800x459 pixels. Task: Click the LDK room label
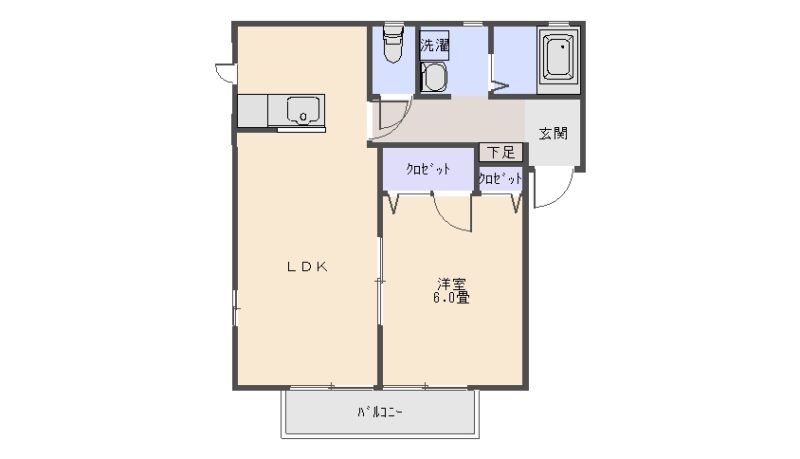point(306,266)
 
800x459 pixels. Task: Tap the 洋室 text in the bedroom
point(452,285)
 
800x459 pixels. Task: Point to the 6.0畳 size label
point(452,297)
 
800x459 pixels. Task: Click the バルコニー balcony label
point(380,412)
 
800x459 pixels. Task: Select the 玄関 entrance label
point(554,134)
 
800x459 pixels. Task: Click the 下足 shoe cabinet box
point(501,152)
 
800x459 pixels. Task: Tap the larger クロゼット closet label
point(428,169)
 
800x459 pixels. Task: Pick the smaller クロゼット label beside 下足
point(500,178)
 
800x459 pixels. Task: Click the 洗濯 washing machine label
point(434,45)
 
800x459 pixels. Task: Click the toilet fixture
point(392,44)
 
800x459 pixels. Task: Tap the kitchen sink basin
point(303,111)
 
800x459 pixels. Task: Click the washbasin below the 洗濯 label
point(435,78)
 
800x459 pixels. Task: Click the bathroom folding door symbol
point(499,85)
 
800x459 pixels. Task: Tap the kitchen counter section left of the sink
point(253,111)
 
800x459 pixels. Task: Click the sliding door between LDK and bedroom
point(379,280)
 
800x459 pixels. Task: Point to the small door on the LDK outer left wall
point(225,73)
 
